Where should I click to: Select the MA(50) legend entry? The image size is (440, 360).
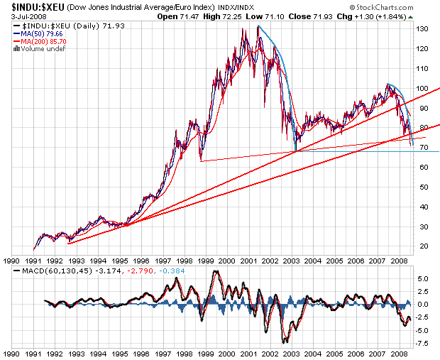coord(40,33)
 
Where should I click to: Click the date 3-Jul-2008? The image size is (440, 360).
coord(19,16)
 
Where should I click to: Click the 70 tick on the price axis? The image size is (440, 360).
coord(423,148)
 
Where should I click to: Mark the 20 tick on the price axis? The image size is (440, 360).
coord(423,246)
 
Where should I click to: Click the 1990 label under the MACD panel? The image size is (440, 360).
coord(10,353)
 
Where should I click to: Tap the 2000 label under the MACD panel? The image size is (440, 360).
coord(227,353)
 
